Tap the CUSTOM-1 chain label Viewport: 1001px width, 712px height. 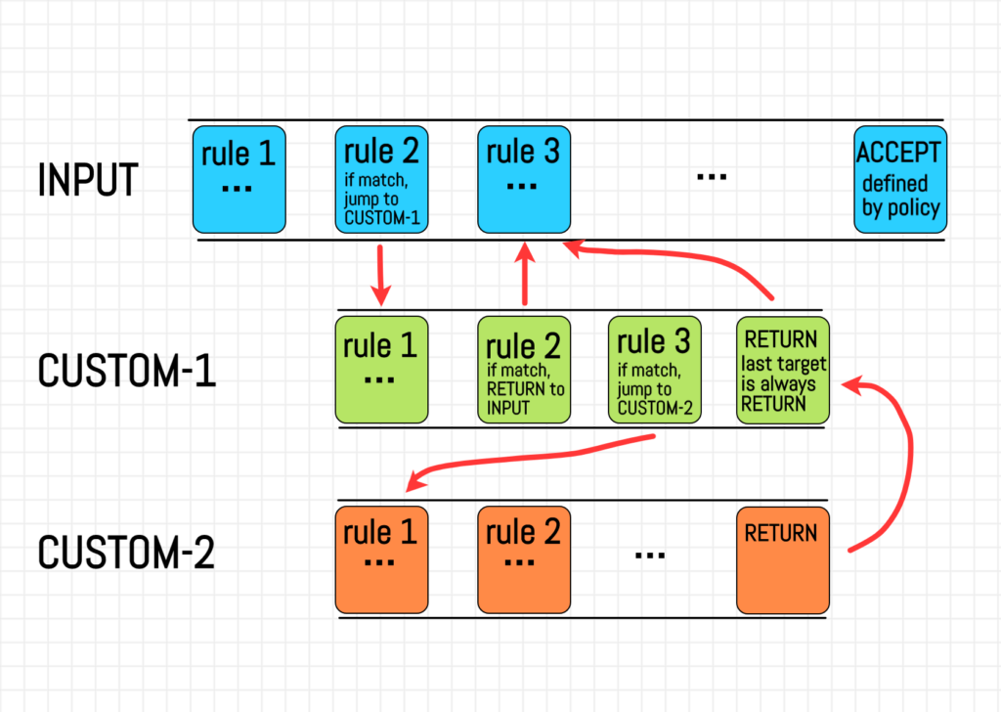[x=126, y=371]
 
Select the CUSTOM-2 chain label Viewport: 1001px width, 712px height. [x=126, y=553]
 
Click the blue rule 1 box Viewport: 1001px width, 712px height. [x=239, y=179]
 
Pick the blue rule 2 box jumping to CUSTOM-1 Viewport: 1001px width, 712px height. [x=382, y=179]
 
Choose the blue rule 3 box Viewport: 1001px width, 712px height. [x=524, y=179]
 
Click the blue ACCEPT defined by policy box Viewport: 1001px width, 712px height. [x=899, y=179]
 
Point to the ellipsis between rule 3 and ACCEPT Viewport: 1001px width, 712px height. [x=711, y=177]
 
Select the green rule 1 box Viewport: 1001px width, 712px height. [x=381, y=370]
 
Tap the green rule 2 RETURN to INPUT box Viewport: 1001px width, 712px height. [x=524, y=370]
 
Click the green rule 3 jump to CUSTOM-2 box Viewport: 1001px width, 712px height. [x=653, y=370]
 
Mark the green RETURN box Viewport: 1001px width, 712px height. [x=782, y=370]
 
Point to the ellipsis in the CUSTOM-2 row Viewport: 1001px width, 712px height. [x=650, y=554]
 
